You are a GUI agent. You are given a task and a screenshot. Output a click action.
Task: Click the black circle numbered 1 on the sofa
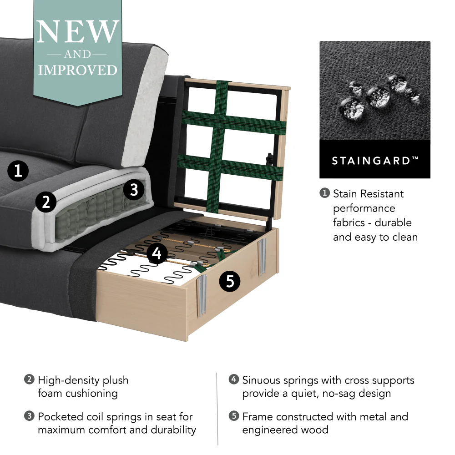18,171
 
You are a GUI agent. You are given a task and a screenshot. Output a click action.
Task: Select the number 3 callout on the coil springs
134,189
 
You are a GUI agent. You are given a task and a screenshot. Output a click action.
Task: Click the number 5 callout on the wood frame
230,282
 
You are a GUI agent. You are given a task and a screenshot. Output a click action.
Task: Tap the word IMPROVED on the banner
77,71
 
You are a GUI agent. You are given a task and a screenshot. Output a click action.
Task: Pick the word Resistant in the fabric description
381,194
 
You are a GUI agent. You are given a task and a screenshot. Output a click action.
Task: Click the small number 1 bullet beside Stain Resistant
324,193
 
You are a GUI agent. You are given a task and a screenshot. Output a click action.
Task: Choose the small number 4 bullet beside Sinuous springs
234,379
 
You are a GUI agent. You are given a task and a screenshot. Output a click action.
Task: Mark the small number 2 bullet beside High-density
29,379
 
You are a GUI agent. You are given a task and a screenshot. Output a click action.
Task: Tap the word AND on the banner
77,55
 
